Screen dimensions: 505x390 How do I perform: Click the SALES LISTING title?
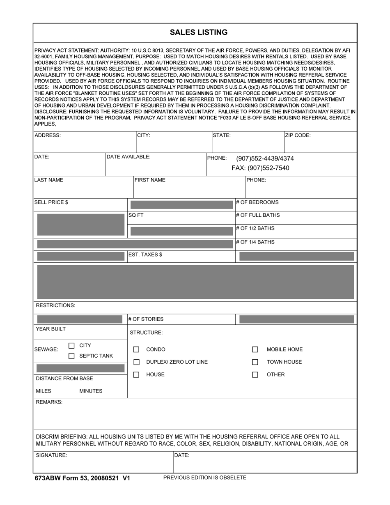pyautogui.click(x=199, y=32)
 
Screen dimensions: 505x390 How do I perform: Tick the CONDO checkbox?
pyautogui.click(x=136, y=349)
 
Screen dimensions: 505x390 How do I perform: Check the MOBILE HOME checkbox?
pyautogui.click(x=255, y=349)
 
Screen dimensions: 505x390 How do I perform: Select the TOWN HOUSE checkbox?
pyautogui.click(x=255, y=362)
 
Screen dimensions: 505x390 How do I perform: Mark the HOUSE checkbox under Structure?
pyautogui.click(x=136, y=374)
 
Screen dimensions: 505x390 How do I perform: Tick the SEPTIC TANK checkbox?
pyautogui.click(x=71, y=356)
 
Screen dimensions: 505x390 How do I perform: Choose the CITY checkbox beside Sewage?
pyautogui.click(x=71, y=346)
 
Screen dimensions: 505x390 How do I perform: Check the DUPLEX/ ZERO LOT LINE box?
pyautogui.click(x=136, y=362)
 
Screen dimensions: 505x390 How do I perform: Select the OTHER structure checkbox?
pyautogui.click(x=255, y=374)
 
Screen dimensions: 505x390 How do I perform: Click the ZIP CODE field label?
pyautogui.click(x=298, y=135)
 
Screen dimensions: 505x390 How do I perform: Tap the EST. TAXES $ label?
pyautogui.click(x=145, y=255)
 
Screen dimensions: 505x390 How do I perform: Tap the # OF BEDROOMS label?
pyautogui.click(x=257, y=202)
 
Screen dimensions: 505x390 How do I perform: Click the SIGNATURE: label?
pyautogui.click(x=51, y=455)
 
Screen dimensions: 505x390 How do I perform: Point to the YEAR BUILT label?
pyautogui.click(x=51, y=329)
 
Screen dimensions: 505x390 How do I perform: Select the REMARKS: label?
pyautogui.click(x=49, y=402)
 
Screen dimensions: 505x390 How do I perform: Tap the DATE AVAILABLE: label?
pyautogui.click(x=128, y=157)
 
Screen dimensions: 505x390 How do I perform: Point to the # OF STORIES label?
pyautogui.click(x=146, y=319)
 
